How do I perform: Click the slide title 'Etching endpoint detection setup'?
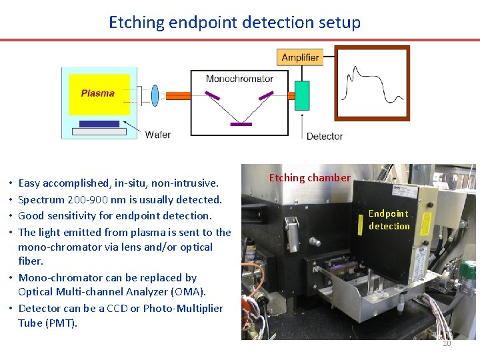tap(235, 22)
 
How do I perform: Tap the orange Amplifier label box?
tap(300, 57)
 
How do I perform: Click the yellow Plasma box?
tap(98, 93)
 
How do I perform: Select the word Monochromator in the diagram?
tap(239, 79)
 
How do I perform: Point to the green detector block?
tap(302, 95)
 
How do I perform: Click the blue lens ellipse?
tap(155, 95)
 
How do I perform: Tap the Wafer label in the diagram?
tap(158, 135)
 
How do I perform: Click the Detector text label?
tap(324, 136)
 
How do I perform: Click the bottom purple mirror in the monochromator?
tap(241, 123)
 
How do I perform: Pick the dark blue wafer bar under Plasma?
tap(99, 123)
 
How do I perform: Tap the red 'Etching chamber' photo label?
tap(309, 178)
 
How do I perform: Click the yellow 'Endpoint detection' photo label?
tap(389, 220)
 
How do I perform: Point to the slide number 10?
tap(447, 344)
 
